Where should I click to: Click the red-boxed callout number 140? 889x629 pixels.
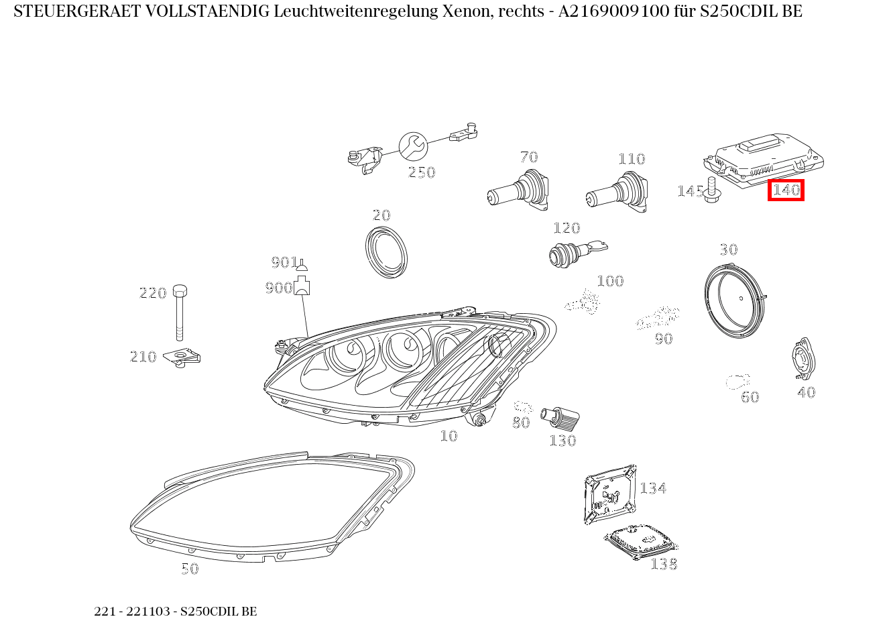pos(786,190)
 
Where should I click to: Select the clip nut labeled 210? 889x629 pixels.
pos(184,358)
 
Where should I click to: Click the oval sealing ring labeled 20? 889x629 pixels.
pos(387,252)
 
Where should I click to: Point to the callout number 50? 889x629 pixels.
pos(190,569)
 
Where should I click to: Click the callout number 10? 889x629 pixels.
pos(449,437)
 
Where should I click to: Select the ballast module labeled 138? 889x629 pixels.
pos(641,540)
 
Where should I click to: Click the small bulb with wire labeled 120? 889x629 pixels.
pos(570,253)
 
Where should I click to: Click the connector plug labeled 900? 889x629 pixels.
pos(302,286)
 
